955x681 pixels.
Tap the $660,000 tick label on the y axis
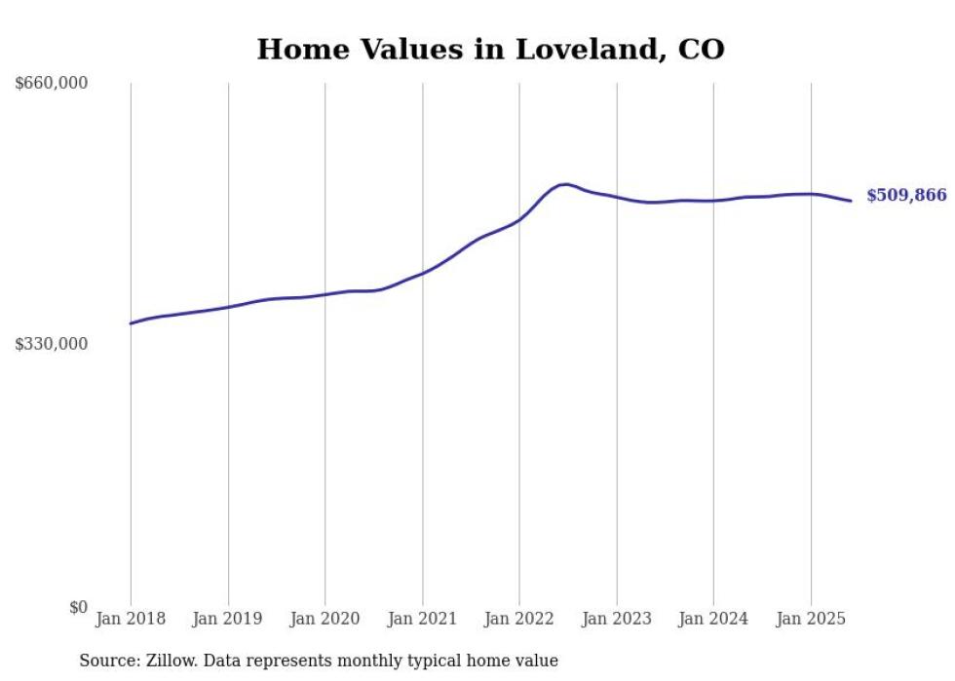pyautogui.click(x=52, y=83)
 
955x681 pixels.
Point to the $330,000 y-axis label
pyautogui.click(x=52, y=343)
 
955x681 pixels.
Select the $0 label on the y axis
pyautogui.click(x=78, y=607)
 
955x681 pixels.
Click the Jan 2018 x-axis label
pyautogui.click(x=131, y=619)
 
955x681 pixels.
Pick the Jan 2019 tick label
pyautogui.click(x=228, y=619)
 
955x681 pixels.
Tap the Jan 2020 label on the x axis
pyautogui.click(x=325, y=619)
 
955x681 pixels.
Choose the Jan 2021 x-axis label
pyautogui.click(x=422, y=619)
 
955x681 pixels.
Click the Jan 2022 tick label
pyautogui.click(x=519, y=619)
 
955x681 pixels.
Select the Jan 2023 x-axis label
pyautogui.click(x=616, y=619)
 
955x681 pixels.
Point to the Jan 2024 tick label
pyautogui.click(x=713, y=619)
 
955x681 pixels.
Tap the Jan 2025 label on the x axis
pyautogui.click(x=811, y=619)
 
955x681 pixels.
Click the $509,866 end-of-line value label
pyautogui.click(x=906, y=196)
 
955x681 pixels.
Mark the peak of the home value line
pyautogui.click(x=565, y=184)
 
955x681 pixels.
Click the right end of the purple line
pyautogui.click(x=852, y=201)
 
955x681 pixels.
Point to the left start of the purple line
pyautogui.click(x=131, y=323)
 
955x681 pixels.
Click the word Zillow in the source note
pyautogui.click(x=169, y=661)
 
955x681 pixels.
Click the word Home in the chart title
pyautogui.click(x=293, y=49)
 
